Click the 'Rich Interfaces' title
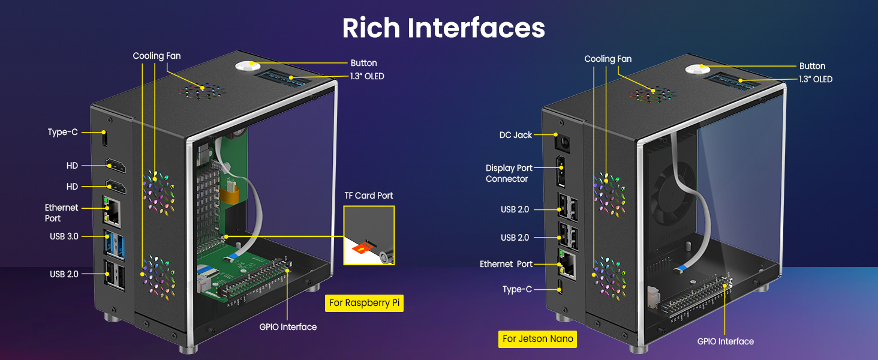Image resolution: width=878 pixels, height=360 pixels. click(443, 28)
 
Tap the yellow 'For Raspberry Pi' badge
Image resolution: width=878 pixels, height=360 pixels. click(364, 303)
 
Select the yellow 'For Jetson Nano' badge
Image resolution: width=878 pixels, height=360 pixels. click(537, 339)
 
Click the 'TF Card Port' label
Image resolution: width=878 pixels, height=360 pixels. click(368, 196)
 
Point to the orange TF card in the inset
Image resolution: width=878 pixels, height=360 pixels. click(362, 248)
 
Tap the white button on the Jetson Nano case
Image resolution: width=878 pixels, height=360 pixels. click(697, 69)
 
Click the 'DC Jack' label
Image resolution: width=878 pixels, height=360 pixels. click(515, 135)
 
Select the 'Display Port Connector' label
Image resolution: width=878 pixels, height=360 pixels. click(509, 173)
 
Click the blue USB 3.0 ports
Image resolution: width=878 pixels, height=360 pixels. click(114, 245)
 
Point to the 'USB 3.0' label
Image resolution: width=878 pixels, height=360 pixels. click(64, 236)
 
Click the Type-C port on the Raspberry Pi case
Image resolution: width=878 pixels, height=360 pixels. click(105, 138)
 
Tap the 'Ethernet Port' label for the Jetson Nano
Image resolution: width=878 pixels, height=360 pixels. click(506, 265)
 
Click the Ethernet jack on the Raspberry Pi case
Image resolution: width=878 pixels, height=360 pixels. click(112, 211)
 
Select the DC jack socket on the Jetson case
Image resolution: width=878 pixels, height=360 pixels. click(563, 143)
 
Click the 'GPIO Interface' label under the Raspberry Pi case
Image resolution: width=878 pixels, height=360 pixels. click(288, 327)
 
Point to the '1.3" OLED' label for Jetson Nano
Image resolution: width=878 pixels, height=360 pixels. click(816, 79)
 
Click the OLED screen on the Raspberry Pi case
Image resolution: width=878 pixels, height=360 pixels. click(283, 77)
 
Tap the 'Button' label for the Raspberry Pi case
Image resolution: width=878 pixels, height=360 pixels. click(364, 63)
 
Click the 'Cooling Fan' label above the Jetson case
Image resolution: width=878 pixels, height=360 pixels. click(608, 59)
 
